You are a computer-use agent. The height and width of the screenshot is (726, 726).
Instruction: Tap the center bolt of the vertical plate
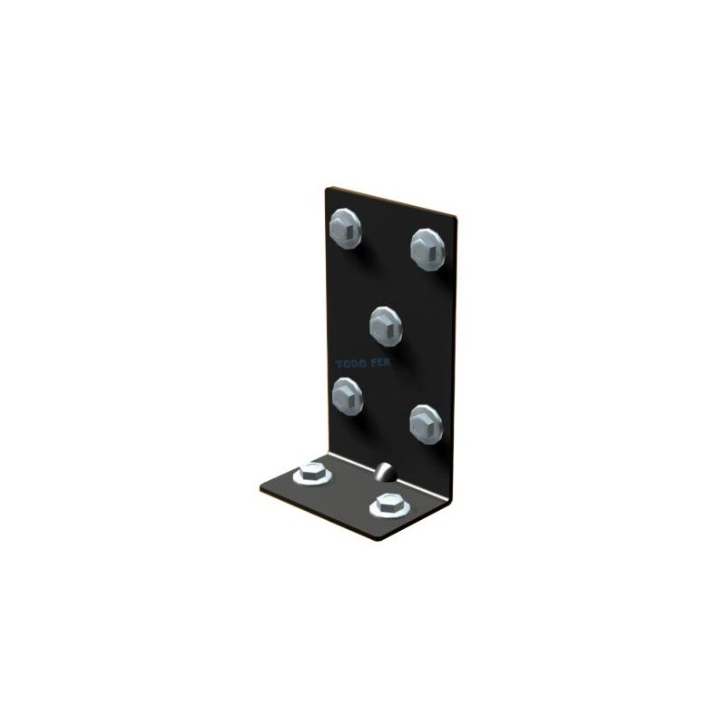(x=386, y=321)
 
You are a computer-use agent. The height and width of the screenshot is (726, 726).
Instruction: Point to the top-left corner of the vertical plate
(x=328, y=188)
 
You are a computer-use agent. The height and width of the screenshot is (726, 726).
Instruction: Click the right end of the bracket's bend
(x=450, y=495)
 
